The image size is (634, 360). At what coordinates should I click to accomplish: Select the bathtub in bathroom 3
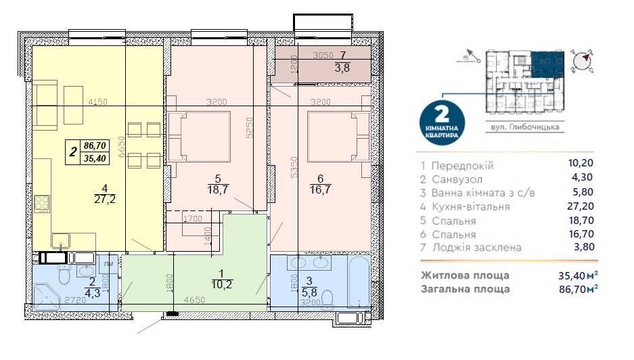(353, 281)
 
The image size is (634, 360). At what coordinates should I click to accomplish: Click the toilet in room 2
(64, 275)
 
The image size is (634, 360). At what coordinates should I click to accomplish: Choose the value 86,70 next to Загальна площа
(579, 289)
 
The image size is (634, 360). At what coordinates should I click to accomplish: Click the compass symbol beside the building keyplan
(581, 61)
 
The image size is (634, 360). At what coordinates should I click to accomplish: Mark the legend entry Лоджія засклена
(476, 247)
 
